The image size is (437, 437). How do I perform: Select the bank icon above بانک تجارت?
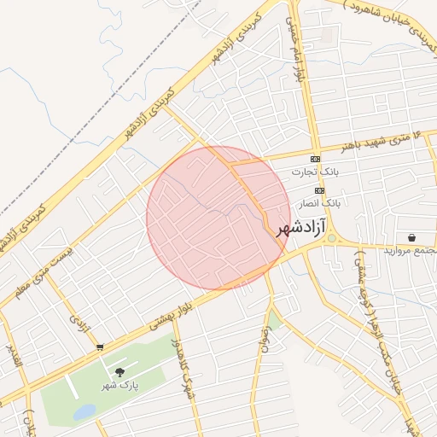click(x=315, y=160)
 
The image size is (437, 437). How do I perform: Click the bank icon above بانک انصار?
click(x=319, y=190)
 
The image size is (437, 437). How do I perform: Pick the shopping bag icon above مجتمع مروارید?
click(x=412, y=237)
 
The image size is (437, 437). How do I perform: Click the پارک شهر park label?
click(x=124, y=385)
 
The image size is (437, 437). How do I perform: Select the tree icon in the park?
click(x=119, y=371)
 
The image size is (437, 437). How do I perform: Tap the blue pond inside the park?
click(x=84, y=412)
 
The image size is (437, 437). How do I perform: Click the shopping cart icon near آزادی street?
click(x=101, y=347)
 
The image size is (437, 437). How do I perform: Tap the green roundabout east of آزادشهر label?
click(x=332, y=239)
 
